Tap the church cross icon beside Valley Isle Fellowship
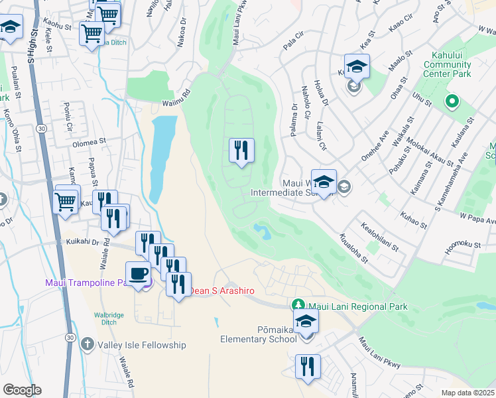coord(88,344)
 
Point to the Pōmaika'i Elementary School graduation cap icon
coord(306,321)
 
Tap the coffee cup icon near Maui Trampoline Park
coord(138,274)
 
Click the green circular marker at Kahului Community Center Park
coord(452,101)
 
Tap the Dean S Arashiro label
coord(223,291)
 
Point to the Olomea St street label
coord(90,142)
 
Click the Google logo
coord(22,390)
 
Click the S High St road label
coord(31,44)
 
